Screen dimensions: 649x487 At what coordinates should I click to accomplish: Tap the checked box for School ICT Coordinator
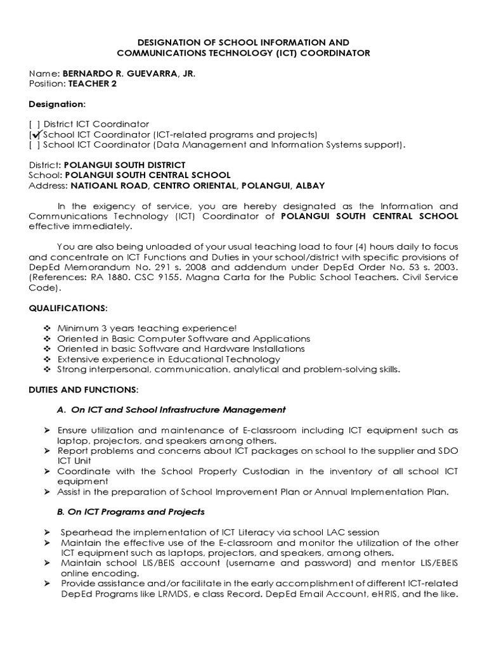pos(36,134)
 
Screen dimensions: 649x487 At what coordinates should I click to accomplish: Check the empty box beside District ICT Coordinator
pos(34,124)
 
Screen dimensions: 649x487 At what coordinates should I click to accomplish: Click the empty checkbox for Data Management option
pos(34,145)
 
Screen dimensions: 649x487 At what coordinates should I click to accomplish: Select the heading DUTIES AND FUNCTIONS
pos(83,388)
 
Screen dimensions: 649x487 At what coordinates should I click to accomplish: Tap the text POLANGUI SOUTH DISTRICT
pos(125,165)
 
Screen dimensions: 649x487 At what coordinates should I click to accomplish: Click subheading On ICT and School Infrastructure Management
pos(171,410)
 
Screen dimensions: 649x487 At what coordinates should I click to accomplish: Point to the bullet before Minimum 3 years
pos(46,328)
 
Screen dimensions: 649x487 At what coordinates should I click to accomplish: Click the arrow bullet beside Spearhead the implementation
pos(46,532)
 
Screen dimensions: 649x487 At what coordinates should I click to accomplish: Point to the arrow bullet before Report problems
pos(46,451)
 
